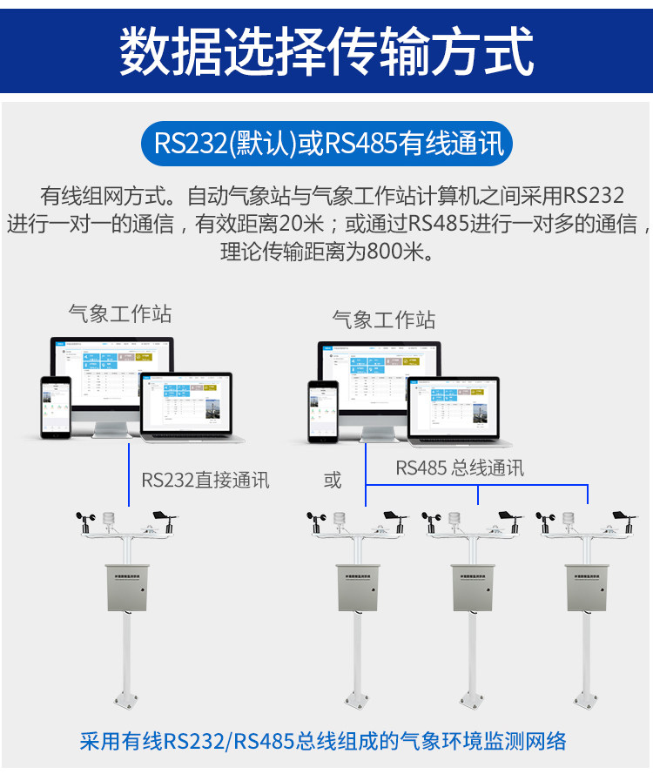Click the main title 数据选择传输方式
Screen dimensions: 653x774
click(x=326, y=50)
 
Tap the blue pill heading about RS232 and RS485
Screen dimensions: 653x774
click(x=326, y=143)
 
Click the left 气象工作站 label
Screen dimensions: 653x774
click(x=120, y=313)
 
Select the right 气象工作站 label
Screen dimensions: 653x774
click(x=383, y=320)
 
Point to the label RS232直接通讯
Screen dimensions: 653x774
click(x=205, y=480)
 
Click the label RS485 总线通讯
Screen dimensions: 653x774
click(x=460, y=468)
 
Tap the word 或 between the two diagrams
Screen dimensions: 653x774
click(x=333, y=481)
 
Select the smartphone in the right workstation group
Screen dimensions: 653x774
click(x=321, y=412)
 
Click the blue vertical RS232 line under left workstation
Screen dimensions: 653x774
click(x=129, y=474)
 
